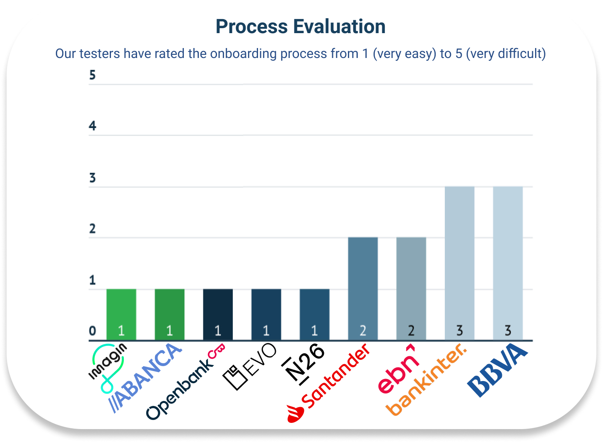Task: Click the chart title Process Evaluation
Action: (x=301, y=27)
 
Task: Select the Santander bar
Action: (x=363, y=286)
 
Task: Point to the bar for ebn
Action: (x=411, y=286)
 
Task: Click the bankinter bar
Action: (x=459, y=261)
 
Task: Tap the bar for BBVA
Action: (x=508, y=261)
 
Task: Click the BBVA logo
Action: (x=497, y=370)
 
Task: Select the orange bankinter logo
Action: (x=427, y=379)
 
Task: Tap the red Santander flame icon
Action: (x=295, y=414)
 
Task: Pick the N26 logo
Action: (x=304, y=364)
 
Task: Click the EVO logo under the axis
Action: (x=250, y=366)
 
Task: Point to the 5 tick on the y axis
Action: (x=92, y=75)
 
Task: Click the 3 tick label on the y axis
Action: (x=92, y=178)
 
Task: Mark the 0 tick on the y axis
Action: (x=92, y=331)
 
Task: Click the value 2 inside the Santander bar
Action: (x=363, y=331)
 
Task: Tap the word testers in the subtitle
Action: (x=100, y=54)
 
